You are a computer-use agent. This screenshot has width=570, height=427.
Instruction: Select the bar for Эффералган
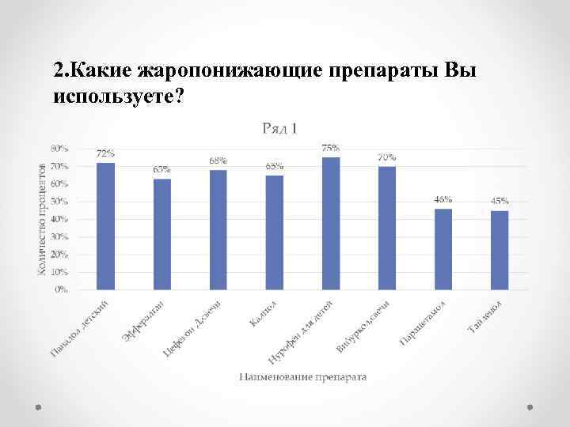click(161, 234)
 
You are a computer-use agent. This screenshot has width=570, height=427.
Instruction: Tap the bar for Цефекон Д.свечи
click(218, 229)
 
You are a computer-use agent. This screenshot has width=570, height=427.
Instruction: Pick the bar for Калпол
click(274, 232)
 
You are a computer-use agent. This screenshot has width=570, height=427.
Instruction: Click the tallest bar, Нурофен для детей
click(331, 224)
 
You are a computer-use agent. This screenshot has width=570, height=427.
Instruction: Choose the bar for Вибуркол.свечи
click(387, 228)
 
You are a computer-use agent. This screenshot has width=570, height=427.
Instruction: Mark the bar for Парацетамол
click(443, 249)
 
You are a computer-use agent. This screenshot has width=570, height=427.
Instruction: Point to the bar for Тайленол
click(500, 250)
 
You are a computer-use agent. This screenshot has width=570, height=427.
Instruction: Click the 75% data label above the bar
click(331, 148)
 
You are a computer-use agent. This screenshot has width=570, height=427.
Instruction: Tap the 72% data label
click(105, 153)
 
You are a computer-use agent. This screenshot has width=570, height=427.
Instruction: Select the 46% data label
click(443, 199)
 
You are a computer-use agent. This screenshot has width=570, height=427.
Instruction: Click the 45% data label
click(500, 201)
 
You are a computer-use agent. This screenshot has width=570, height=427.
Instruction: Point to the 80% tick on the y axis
click(59, 149)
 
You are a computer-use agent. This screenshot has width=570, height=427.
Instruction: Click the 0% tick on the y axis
click(61, 289)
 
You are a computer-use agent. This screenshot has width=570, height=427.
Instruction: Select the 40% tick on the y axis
click(59, 219)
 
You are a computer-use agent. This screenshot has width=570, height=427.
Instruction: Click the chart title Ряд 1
click(279, 128)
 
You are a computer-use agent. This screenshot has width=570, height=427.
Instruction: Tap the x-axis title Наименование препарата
click(303, 377)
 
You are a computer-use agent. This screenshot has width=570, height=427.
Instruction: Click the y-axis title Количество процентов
click(41, 219)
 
